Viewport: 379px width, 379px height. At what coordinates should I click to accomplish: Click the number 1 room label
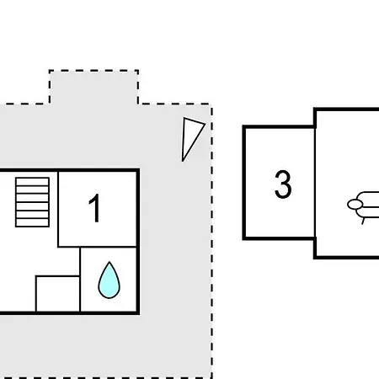[x=95, y=208]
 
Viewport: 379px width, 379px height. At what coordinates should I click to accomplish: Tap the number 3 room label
[x=283, y=184]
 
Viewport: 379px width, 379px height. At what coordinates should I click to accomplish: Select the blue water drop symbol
[x=109, y=280]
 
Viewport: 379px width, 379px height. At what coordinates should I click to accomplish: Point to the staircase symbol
[x=33, y=202]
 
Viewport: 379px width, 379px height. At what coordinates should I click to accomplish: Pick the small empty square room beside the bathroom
[x=58, y=294]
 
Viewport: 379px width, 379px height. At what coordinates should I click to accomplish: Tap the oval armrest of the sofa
[x=355, y=205]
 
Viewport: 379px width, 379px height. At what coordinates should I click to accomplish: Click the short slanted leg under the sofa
[x=364, y=221]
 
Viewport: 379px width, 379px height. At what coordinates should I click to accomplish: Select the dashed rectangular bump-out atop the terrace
[x=93, y=87]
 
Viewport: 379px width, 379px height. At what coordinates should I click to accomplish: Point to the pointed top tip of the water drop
[x=109, y=262]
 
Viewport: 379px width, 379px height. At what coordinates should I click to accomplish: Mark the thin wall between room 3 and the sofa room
[x=315, y=183]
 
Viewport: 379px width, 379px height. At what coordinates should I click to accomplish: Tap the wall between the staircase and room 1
[x=58, y=209]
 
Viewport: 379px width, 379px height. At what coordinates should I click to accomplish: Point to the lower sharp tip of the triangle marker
[x=183, y=161]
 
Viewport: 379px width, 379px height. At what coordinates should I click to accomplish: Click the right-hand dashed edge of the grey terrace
[x=211, y=242]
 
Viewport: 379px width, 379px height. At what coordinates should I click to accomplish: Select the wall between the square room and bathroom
[x=80, y=280]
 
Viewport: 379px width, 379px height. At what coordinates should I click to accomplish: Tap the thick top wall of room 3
[x=279, y=127]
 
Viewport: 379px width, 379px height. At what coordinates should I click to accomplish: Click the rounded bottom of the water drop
[x=109, y=297]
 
